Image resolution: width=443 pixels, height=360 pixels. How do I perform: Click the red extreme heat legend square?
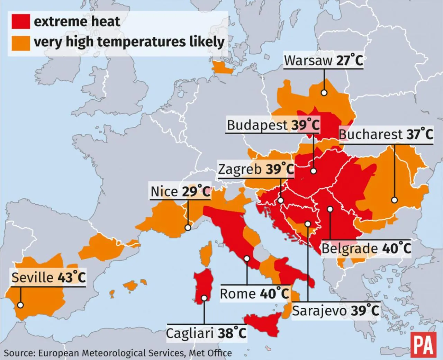pyautogui.click(x=20, y=21)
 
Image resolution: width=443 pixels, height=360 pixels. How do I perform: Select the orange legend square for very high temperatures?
pyautogui.click(x=20, y=43)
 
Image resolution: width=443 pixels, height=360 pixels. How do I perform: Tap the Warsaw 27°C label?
pyautogui.click(x=323, y=60)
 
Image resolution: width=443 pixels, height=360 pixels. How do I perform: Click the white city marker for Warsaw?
pyautogui.click(x=324, y=93)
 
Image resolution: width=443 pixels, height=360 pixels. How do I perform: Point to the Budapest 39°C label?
pyautogui.click(x=273, y=125)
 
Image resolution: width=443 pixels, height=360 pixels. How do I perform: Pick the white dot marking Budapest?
pyautogui.click(x=313, y=171)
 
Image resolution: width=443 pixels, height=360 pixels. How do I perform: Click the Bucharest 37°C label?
pyautogui.click(x=386, y=134)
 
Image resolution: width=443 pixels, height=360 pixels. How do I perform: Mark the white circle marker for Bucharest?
pyautogui.click(x=394, y=200)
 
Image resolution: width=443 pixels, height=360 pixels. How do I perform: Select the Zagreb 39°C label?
pyautogui.click(x=256, y=169)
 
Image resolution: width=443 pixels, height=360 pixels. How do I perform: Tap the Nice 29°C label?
pyautogui.click(x=180, y=191)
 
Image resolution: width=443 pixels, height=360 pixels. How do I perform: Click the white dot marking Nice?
pyautogui.click(x=188, y=228)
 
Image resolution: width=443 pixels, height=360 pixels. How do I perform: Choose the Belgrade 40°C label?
pyautogui.click(x=366, y=248)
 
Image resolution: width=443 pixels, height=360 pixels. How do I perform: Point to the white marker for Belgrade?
pyautogui.click(x=330, y=209)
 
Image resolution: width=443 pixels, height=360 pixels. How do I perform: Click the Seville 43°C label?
pyautogui.click(x=48, y=278)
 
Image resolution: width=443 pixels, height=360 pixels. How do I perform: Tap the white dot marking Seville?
pyautogui.click(x=20, y=305)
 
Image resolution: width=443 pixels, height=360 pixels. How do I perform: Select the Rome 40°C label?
pyautogui.click(x=254, y=294)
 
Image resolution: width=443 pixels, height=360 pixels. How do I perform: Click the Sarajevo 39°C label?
pyautogui.click(x=335, y=310)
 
